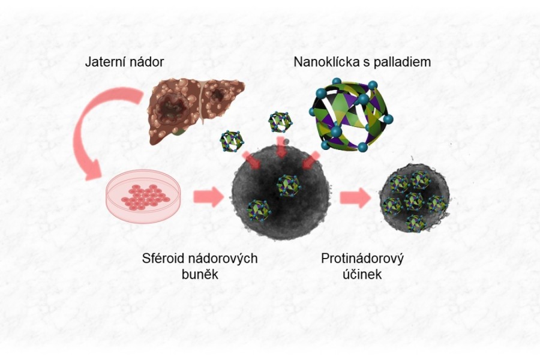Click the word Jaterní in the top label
pos(104,62)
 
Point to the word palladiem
pos(403,62)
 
